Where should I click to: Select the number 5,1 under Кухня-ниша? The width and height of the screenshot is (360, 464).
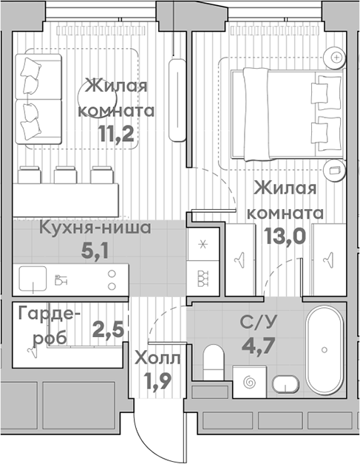coord(95,250)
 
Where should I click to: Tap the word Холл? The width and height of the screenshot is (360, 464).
coord(156,359)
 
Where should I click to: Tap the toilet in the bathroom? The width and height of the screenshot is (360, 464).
coord(214,361)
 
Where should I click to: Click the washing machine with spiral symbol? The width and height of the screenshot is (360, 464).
coord(249,382)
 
